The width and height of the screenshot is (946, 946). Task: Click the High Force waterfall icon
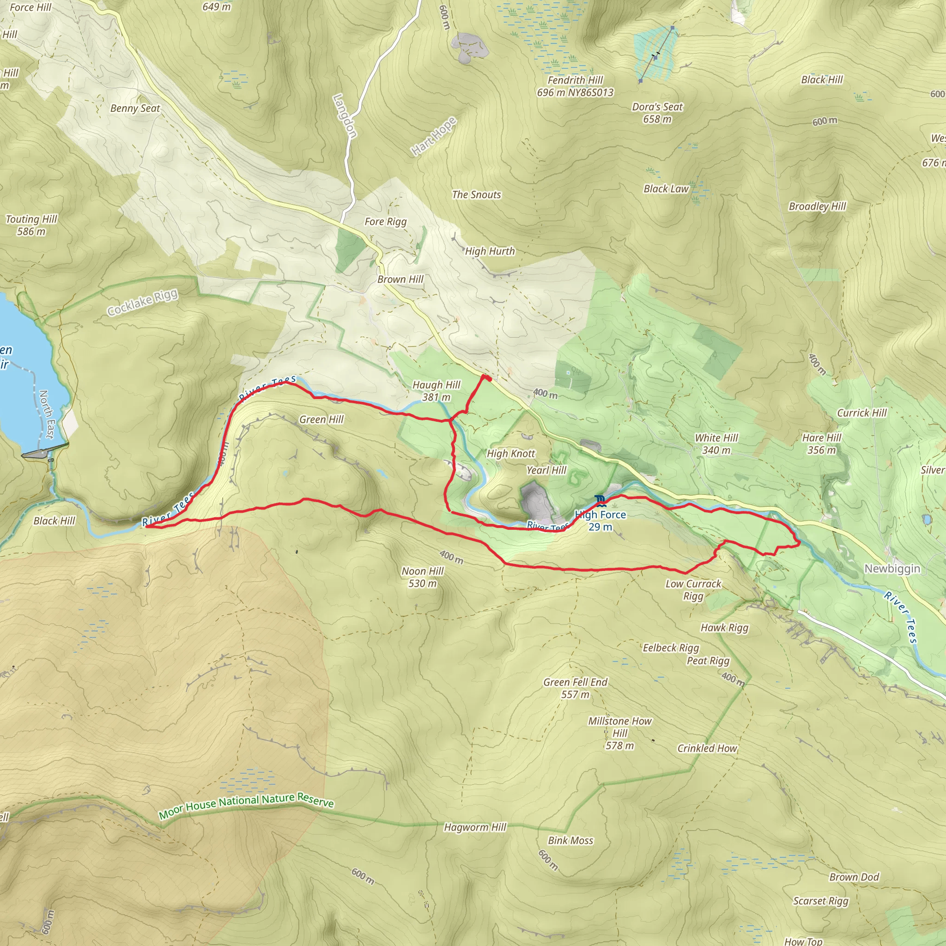(x=600, y=500)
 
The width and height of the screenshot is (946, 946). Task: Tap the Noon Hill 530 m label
(x=422, y=577)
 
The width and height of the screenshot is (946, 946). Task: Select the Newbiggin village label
(x=892, y=569)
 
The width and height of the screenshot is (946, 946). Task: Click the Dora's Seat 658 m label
(x=657, y=113)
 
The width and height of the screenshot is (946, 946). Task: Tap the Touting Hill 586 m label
(x=31, y=225)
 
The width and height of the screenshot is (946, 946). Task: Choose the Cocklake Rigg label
(x=142, y=303)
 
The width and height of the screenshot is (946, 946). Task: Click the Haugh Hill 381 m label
(x=436, y=391)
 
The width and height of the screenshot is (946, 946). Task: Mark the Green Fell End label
(x=576, y=688)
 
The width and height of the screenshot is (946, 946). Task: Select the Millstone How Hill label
(x=619, y=733)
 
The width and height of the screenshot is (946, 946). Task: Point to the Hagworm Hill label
(x=475, y=827)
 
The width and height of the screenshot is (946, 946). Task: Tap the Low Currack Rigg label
(x=693, y=589)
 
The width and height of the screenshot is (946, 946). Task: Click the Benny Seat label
(x=135, y=108)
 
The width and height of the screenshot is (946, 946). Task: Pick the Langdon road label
(x=345, y=116)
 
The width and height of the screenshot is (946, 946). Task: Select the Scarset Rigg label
(x=821, y=900)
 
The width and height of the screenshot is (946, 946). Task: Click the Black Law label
(x=666, y=188)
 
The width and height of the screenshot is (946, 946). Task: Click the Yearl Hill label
(x=546, y=470)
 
